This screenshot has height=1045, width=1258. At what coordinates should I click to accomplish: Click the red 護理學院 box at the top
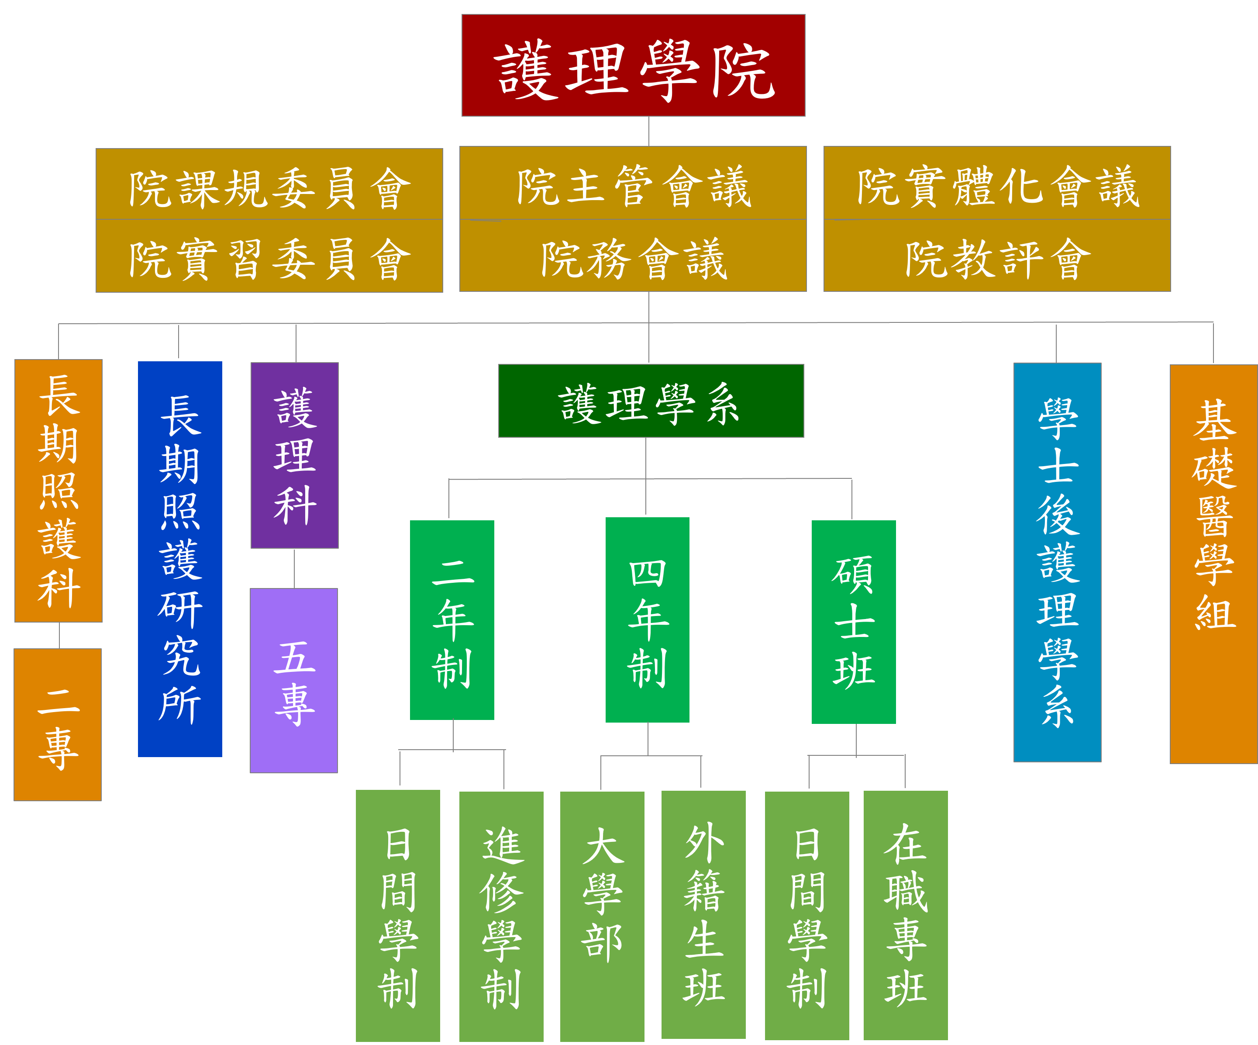tap(633, 66)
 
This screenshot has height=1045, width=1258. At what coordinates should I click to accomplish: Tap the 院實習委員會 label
tap(269, 258)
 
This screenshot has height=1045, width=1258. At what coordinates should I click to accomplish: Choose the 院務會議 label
tap(633, 258)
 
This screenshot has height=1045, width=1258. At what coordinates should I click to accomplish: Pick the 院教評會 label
tap(997, 258)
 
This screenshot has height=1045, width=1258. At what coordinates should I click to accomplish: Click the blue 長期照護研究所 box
tap(180, 559)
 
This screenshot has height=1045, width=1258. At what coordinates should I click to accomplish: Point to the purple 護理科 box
tap(295, 455)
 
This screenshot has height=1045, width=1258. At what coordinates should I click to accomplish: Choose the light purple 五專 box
tap(294, 681)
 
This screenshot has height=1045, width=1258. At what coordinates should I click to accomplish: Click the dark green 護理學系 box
tap(651, 401)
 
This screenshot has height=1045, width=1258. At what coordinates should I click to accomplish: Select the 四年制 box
tap(648, 620)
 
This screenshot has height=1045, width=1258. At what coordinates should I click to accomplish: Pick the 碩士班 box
tap(854, 622)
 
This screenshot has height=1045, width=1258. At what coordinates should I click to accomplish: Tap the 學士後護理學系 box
tap(1057, 563)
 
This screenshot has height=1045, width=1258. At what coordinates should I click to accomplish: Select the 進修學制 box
tap(501, 917)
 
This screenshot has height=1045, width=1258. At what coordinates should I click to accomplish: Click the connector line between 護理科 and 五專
tap(294, 568)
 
